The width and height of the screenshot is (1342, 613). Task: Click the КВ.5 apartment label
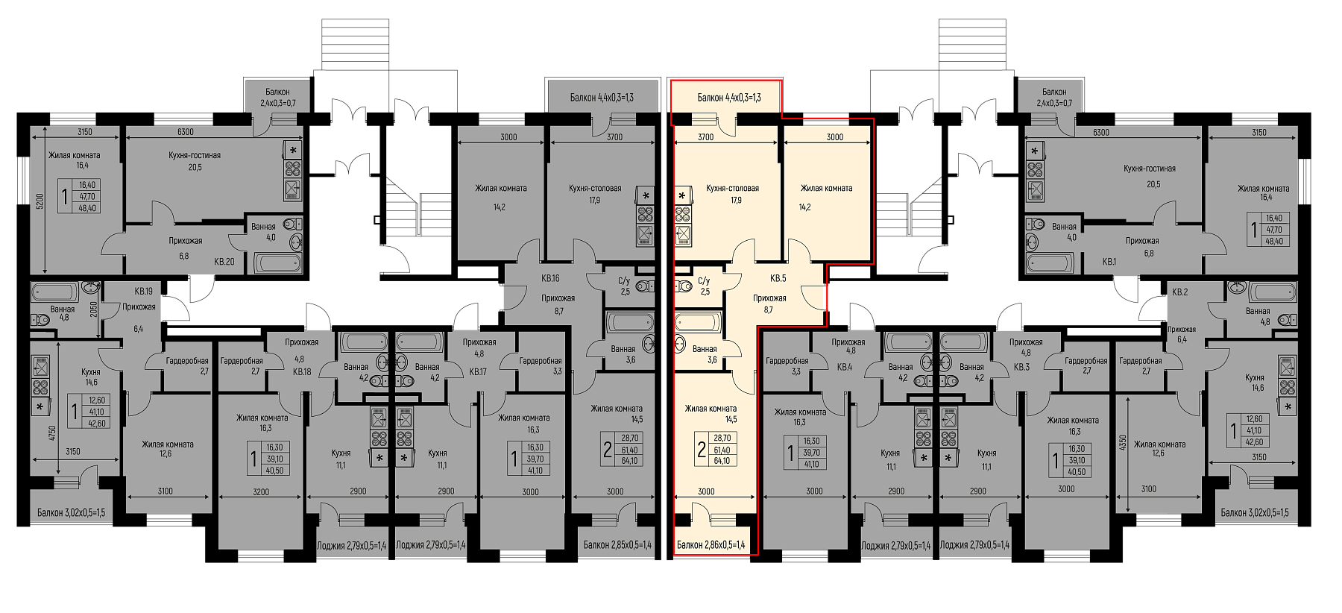click(x=778, y=278)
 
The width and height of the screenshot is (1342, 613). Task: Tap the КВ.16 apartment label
click(x=550, y=278)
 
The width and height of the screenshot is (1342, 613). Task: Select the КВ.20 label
click(x=224, y=262)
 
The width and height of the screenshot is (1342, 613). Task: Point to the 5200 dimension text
click(x=41, y=201)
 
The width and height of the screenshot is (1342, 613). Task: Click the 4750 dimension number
click(x=52, y=434)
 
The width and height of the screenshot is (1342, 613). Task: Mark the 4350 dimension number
click(x=1123, y=444)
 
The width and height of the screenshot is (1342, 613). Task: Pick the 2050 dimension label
click(x=94, y=309)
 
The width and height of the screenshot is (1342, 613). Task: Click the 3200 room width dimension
click(x=261, y=491)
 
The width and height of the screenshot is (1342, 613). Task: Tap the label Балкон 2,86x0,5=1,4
click(x=711, y=545)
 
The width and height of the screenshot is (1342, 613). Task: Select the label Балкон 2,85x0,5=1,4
click(x=617, y=545)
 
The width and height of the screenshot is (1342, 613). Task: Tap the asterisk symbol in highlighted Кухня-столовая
click(x=681, y=195)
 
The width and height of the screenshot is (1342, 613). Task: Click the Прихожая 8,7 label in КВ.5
click(x=769, y=304)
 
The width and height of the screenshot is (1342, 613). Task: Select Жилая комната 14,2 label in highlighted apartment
click(x=826, y=198)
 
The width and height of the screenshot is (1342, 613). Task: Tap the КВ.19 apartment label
click(x=143, y=292)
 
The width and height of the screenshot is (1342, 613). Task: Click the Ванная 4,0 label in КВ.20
click(x=263, y=232)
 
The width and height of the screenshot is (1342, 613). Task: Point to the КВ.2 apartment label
click(x=1179, y=292)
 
